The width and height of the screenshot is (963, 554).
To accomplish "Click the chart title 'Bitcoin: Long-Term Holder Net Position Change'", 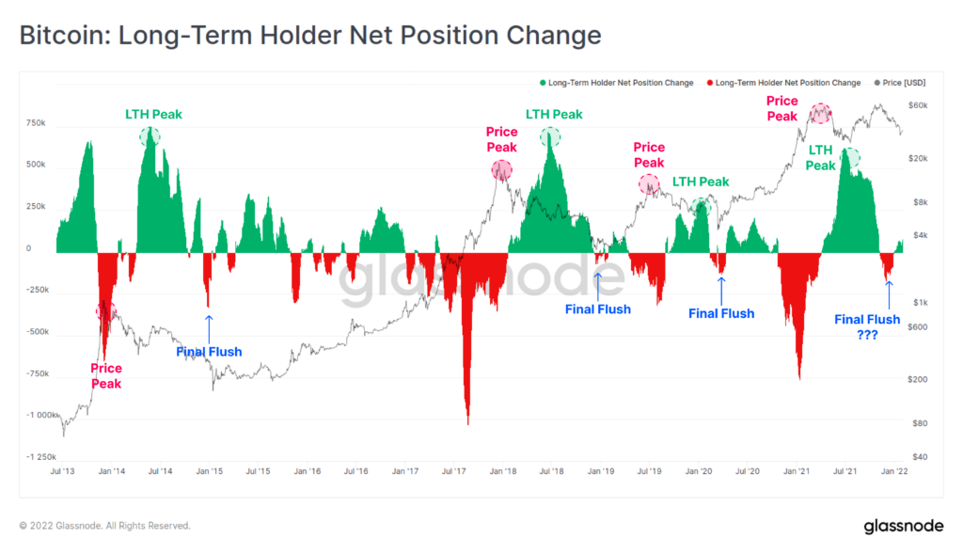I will [x=310, y=36].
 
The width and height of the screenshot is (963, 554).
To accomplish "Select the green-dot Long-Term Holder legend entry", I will [x=616, y=83].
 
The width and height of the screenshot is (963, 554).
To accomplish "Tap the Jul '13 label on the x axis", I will [x=63, y=471].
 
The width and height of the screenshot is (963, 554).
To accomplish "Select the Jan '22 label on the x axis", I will [x=893, y=471].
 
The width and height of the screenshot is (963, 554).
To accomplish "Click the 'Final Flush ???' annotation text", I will [x=867, y=326].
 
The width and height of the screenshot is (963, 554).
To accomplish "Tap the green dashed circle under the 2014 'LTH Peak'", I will [x=150, y=136].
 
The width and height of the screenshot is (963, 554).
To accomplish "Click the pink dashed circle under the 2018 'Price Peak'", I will [x=502, y=170].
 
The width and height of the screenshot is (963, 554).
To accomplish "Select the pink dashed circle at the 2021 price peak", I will [x=821, y=113].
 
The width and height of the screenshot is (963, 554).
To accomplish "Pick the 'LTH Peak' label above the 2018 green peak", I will [x=554, y=115].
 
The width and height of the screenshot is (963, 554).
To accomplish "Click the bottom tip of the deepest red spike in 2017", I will [x=467, y=424].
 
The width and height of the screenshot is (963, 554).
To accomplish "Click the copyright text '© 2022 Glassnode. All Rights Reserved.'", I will [x=105, y=526].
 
